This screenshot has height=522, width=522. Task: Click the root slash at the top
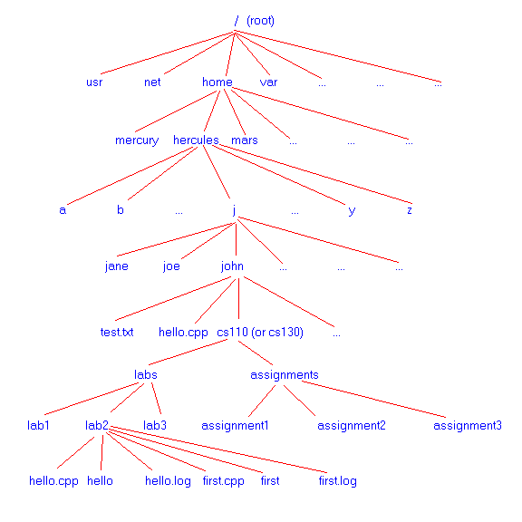click(x=237, y=21)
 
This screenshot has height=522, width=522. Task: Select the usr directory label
click(x=94, y=82)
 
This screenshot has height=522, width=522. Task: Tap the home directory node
click(x=217, y=82)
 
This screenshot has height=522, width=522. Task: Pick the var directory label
click(x=268, y=82)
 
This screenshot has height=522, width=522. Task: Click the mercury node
click(x=137, y=140)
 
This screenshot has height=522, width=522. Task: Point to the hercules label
click(x=196, y=140)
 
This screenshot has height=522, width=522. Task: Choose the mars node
click(x=245, y=140)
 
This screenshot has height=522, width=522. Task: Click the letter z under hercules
click(x=410, y=210)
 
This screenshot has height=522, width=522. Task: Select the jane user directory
click(x=117, y=266)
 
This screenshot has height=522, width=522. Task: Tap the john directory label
click(x=232, y=266)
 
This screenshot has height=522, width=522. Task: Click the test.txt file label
click(x=117, y=333)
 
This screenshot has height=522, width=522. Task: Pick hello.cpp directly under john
click(x=183, y=333)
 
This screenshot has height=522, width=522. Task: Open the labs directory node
click(x=146, y=375)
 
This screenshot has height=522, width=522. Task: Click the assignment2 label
click(x=352, y=426)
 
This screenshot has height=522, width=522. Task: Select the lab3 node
click(x=155, y=425)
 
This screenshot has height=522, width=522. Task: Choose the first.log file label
click(x=337, y=481)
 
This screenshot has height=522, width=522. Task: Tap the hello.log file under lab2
click(x=168, y=481)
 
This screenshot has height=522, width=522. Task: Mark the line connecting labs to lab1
click(x=92, y=399)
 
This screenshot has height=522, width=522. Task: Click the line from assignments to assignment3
click(x=373, y=399)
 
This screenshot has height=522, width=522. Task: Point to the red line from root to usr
click(x=168, y=53)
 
